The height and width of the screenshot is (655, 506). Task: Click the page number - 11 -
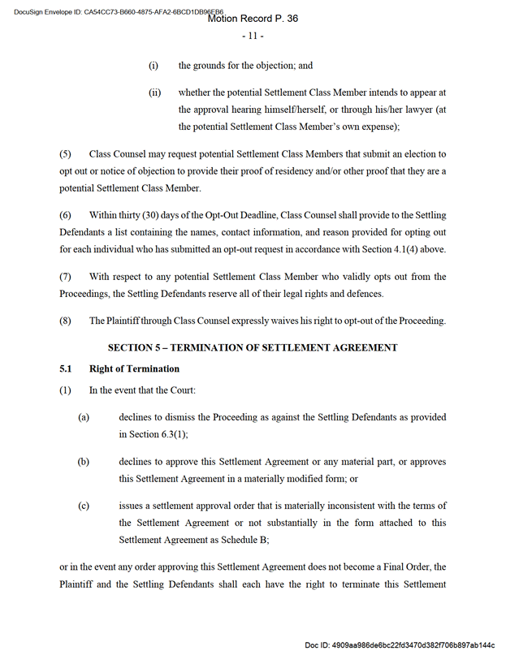[x=253, y=37]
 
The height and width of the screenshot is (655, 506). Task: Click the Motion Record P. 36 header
[x=253, y=19]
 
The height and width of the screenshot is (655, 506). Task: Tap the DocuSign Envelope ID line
[x=114, y=11]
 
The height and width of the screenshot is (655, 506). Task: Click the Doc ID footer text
[x=400, y=644]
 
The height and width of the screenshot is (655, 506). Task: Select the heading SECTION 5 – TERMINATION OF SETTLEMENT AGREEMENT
[x=253, y=347]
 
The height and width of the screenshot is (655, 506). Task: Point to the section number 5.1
[x=67, y=368]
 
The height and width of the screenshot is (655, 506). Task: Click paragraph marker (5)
[x=66, y=153]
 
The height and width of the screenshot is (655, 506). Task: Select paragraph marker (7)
[x=66, y=277]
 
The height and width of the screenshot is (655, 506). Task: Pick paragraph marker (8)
[x=66, y=321]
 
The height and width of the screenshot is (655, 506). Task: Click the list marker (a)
[x=83, y=417]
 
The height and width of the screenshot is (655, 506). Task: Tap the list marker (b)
[x=83, y=462]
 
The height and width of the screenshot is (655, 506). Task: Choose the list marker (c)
[x=83, y=506]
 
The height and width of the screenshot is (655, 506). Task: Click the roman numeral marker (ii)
[x=154, y=93]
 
